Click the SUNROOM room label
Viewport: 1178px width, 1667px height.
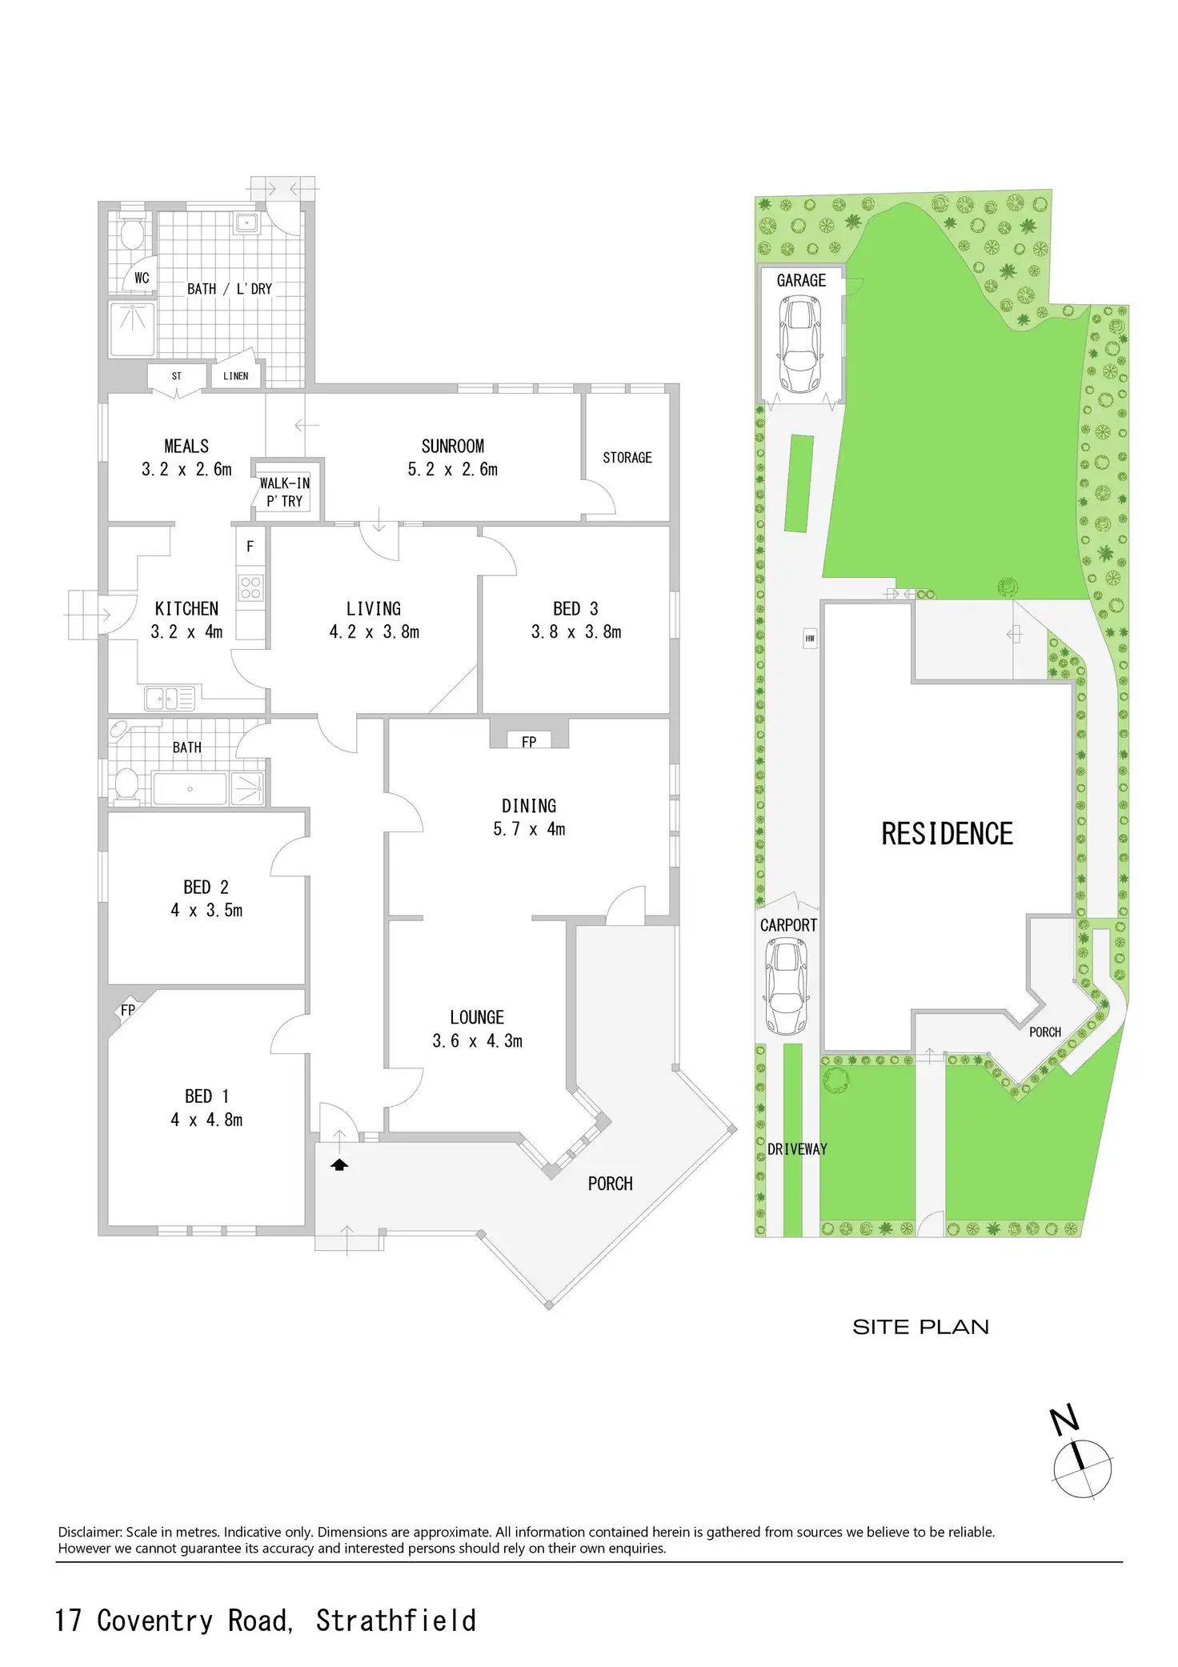pyautogui.click(x=453, y=447)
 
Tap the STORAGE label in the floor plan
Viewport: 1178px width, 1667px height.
pyautogui.click(x=627, y=458)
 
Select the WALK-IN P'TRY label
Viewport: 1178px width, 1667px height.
pyautogui.click(x=285, y=492)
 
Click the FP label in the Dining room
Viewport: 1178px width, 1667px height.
pyautogui.click(x=529, y=742)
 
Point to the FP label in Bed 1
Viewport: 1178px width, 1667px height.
pyautogui.click(x=128, y=1010)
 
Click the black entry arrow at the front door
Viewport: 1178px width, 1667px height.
pyautogui.click(x=339, y=1165)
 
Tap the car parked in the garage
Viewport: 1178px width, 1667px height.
pyautogui.click(x=800, y=344)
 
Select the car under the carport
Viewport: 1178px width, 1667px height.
pyautogui.click(x=786, y=987)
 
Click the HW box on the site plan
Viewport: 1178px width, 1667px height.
pyautogui.click(x=810, y=639)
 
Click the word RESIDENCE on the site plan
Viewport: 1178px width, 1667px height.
pyautogui.click(x=947, y=834)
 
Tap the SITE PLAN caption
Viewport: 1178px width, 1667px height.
pyautogui.click(x=920, y=1327)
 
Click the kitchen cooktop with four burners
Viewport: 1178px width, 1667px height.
pyautogui.click(x=250, y=587)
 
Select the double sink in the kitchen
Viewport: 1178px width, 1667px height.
pyautogui.click(x=170, y=699)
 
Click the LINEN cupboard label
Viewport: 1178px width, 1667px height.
pyautogui.click(x=235, y=376)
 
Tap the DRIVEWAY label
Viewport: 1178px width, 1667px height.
pyautogui.click(x=797, y=1149)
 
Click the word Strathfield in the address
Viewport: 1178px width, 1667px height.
pyautogui.click(x=396, y=1621)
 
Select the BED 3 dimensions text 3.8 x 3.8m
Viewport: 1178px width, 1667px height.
pyautogui.click(x=576, y=632)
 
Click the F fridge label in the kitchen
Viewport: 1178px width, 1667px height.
pyautogui.click(x=250, y=547)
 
